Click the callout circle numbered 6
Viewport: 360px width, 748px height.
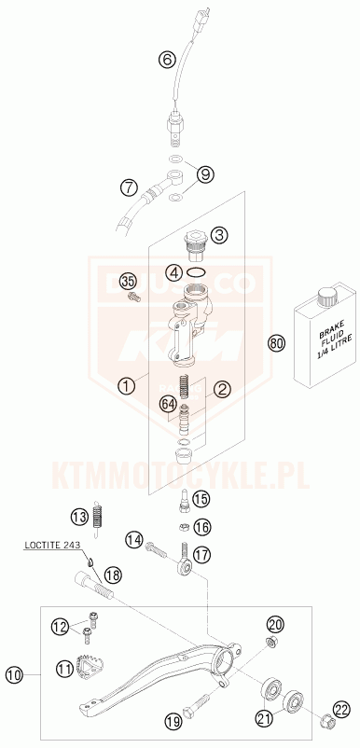tap(167, 61)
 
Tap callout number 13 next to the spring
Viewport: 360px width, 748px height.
tap(80, 516)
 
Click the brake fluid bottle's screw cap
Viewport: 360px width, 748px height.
tap(327, 298)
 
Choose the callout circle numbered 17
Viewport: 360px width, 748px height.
tap(203, 554)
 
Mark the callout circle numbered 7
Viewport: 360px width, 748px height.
tap(128, 187)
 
